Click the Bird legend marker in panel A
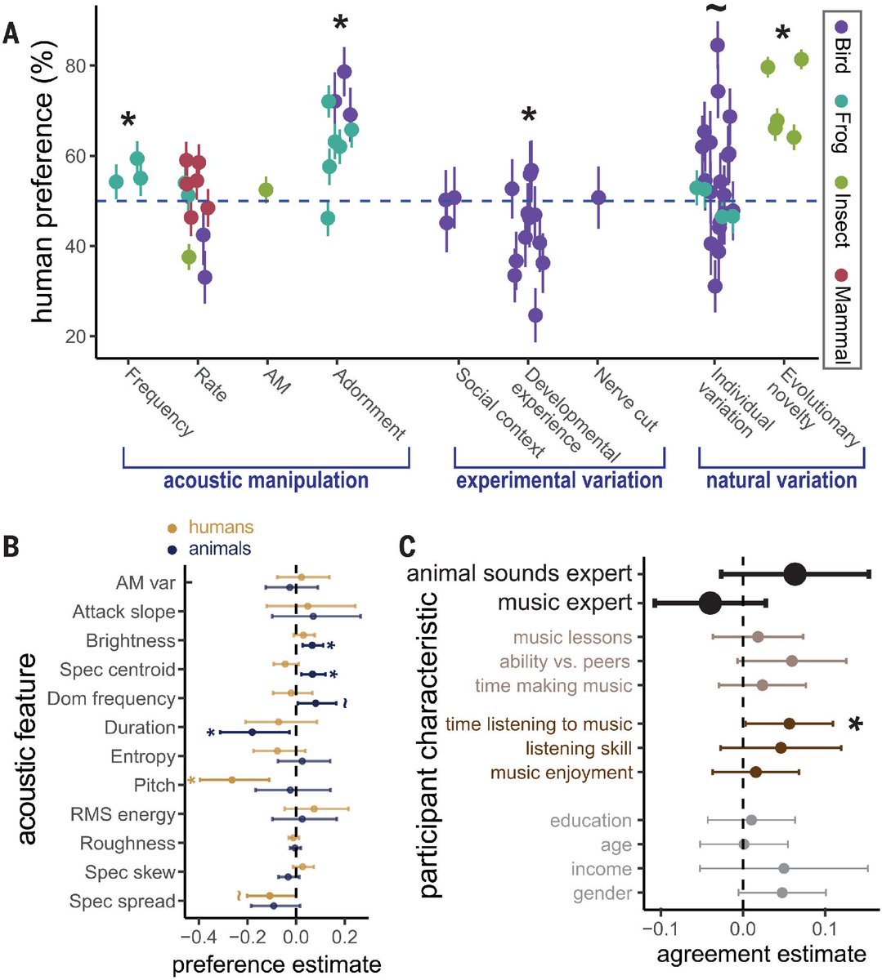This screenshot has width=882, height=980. tap(840, 26)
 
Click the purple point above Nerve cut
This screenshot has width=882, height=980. tap(598, 198)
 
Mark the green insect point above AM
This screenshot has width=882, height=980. tap(266, 189)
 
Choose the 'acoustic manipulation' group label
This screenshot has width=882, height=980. tap(266, 480)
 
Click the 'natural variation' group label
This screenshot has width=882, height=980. tap(781, 480)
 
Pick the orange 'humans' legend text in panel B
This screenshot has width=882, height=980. tap(221, 528)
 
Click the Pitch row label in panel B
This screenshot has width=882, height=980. tap(154, 786)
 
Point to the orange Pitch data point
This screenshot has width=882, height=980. tap(232, 780)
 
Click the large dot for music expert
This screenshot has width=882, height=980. tap(710, 604)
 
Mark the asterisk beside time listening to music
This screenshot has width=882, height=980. tap(855, 724)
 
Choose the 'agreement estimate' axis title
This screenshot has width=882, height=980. tap(761, 954)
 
